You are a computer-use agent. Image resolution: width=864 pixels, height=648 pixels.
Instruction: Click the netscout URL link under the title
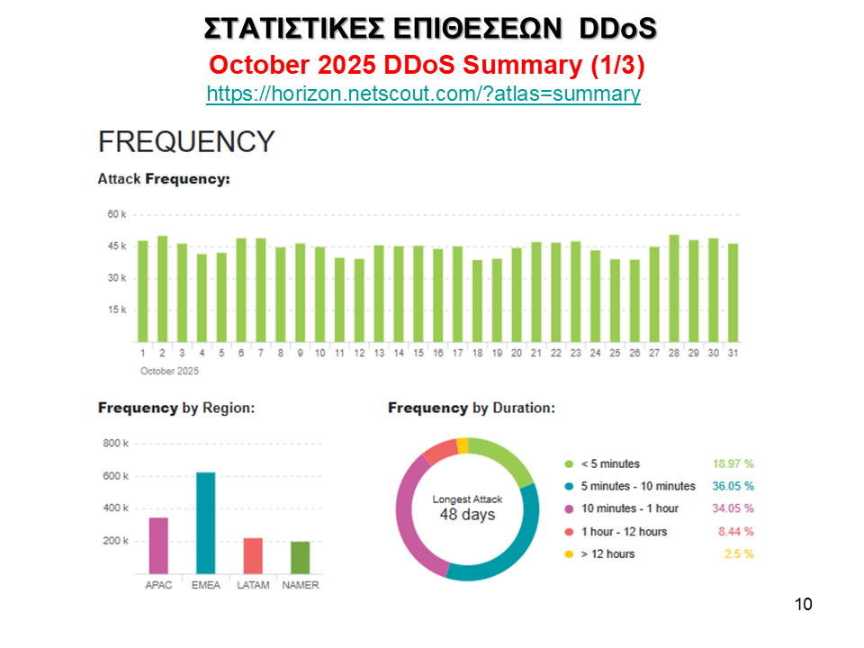(423, 94)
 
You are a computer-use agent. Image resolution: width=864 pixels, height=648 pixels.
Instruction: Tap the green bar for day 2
(162, 289)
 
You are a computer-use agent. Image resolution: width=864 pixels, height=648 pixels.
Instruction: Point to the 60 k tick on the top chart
(116, 214)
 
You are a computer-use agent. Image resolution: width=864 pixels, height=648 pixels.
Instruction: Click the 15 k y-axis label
(116, 310)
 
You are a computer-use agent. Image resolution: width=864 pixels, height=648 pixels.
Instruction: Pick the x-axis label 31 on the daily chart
(733, 353)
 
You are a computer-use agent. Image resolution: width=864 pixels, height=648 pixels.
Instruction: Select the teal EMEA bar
(206, 523)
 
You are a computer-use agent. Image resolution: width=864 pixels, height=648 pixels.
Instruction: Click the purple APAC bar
(158, 545)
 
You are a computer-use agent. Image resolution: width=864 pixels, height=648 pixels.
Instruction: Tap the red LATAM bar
(253, 556)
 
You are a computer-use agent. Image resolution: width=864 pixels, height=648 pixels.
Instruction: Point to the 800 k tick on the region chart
(116, 444)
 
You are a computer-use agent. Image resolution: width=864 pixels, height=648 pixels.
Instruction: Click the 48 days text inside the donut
(467, 515)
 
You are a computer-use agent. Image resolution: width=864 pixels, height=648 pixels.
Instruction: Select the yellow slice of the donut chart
(463, 445)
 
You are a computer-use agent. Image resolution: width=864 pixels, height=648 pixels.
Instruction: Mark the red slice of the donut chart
(440, 452)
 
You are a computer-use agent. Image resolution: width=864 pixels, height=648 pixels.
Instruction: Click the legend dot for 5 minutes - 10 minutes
(569, 486)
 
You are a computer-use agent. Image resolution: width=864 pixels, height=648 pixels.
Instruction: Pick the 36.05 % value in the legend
(733, 486)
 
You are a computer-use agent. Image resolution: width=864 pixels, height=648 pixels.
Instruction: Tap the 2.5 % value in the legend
(738, 553)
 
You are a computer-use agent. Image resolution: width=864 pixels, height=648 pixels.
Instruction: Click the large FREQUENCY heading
(186, 141)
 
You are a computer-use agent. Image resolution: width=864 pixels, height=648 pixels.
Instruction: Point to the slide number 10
(804, 604)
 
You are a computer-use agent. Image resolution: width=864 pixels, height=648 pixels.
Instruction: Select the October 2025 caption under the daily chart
(169, 371)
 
